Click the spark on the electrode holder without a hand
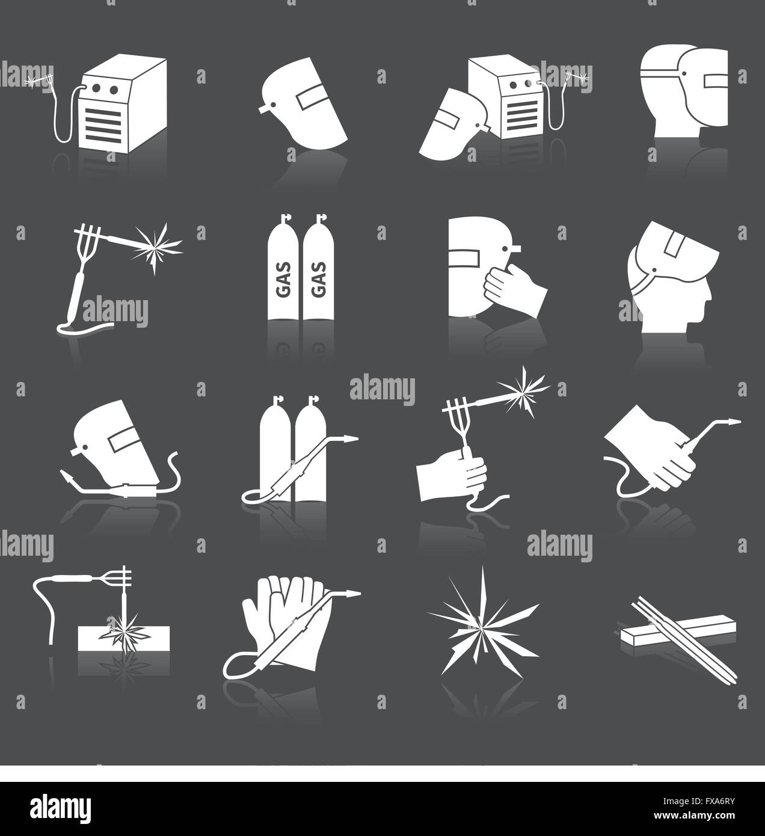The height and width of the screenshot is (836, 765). click(149, 247)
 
